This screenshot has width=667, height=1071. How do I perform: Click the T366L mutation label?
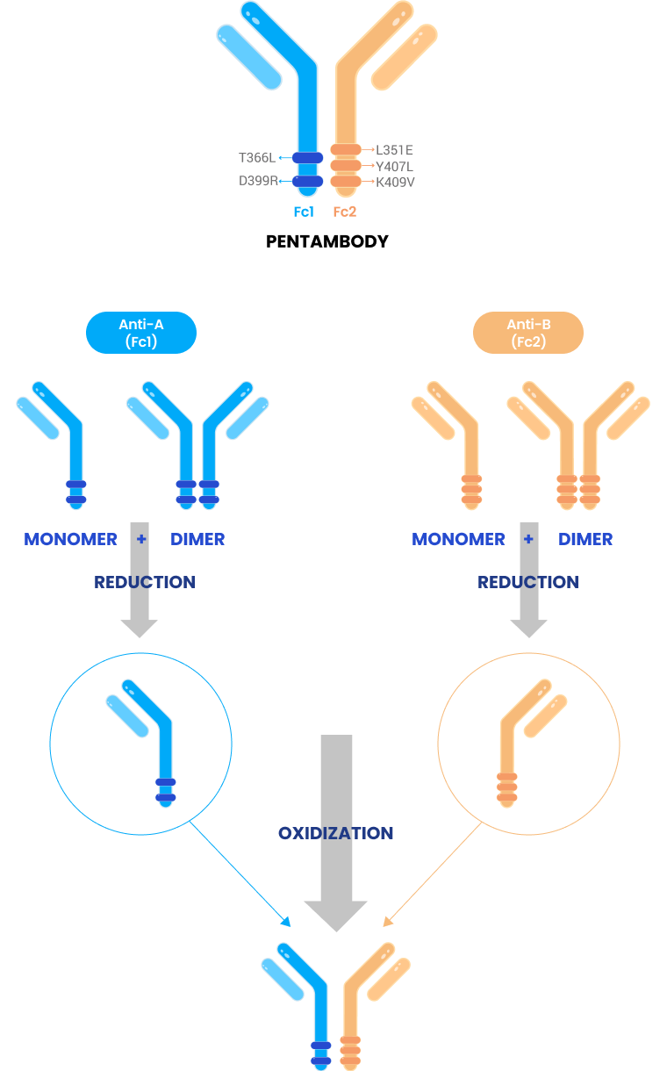point(256,158)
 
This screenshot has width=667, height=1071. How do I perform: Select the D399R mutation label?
point(257,181)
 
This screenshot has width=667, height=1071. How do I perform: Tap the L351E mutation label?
point(394,150)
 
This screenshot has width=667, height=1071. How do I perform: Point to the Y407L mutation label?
point(394,166)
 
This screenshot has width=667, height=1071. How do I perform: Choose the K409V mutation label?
point(395,182)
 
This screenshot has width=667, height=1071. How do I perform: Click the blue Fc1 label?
point(304,212)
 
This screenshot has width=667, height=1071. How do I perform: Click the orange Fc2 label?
point(345,212)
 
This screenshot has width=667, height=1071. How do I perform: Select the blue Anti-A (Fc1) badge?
point(141,333)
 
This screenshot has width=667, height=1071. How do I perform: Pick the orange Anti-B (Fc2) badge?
point(528,333)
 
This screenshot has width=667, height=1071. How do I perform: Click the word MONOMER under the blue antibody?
point(71,539)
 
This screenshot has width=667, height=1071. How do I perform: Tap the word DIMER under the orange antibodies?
point(585,539)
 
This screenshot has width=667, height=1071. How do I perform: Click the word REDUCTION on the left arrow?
point(145,582)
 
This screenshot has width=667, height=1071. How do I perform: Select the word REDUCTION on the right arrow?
point(528,582)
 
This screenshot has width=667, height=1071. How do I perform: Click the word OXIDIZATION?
point(336,833)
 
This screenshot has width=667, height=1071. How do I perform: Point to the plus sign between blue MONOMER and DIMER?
point(142,538)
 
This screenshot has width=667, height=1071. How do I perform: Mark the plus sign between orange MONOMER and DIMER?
point(528,538)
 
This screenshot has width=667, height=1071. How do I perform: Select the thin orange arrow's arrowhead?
point(387,922)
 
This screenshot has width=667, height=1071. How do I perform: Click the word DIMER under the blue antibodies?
point(197,539)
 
